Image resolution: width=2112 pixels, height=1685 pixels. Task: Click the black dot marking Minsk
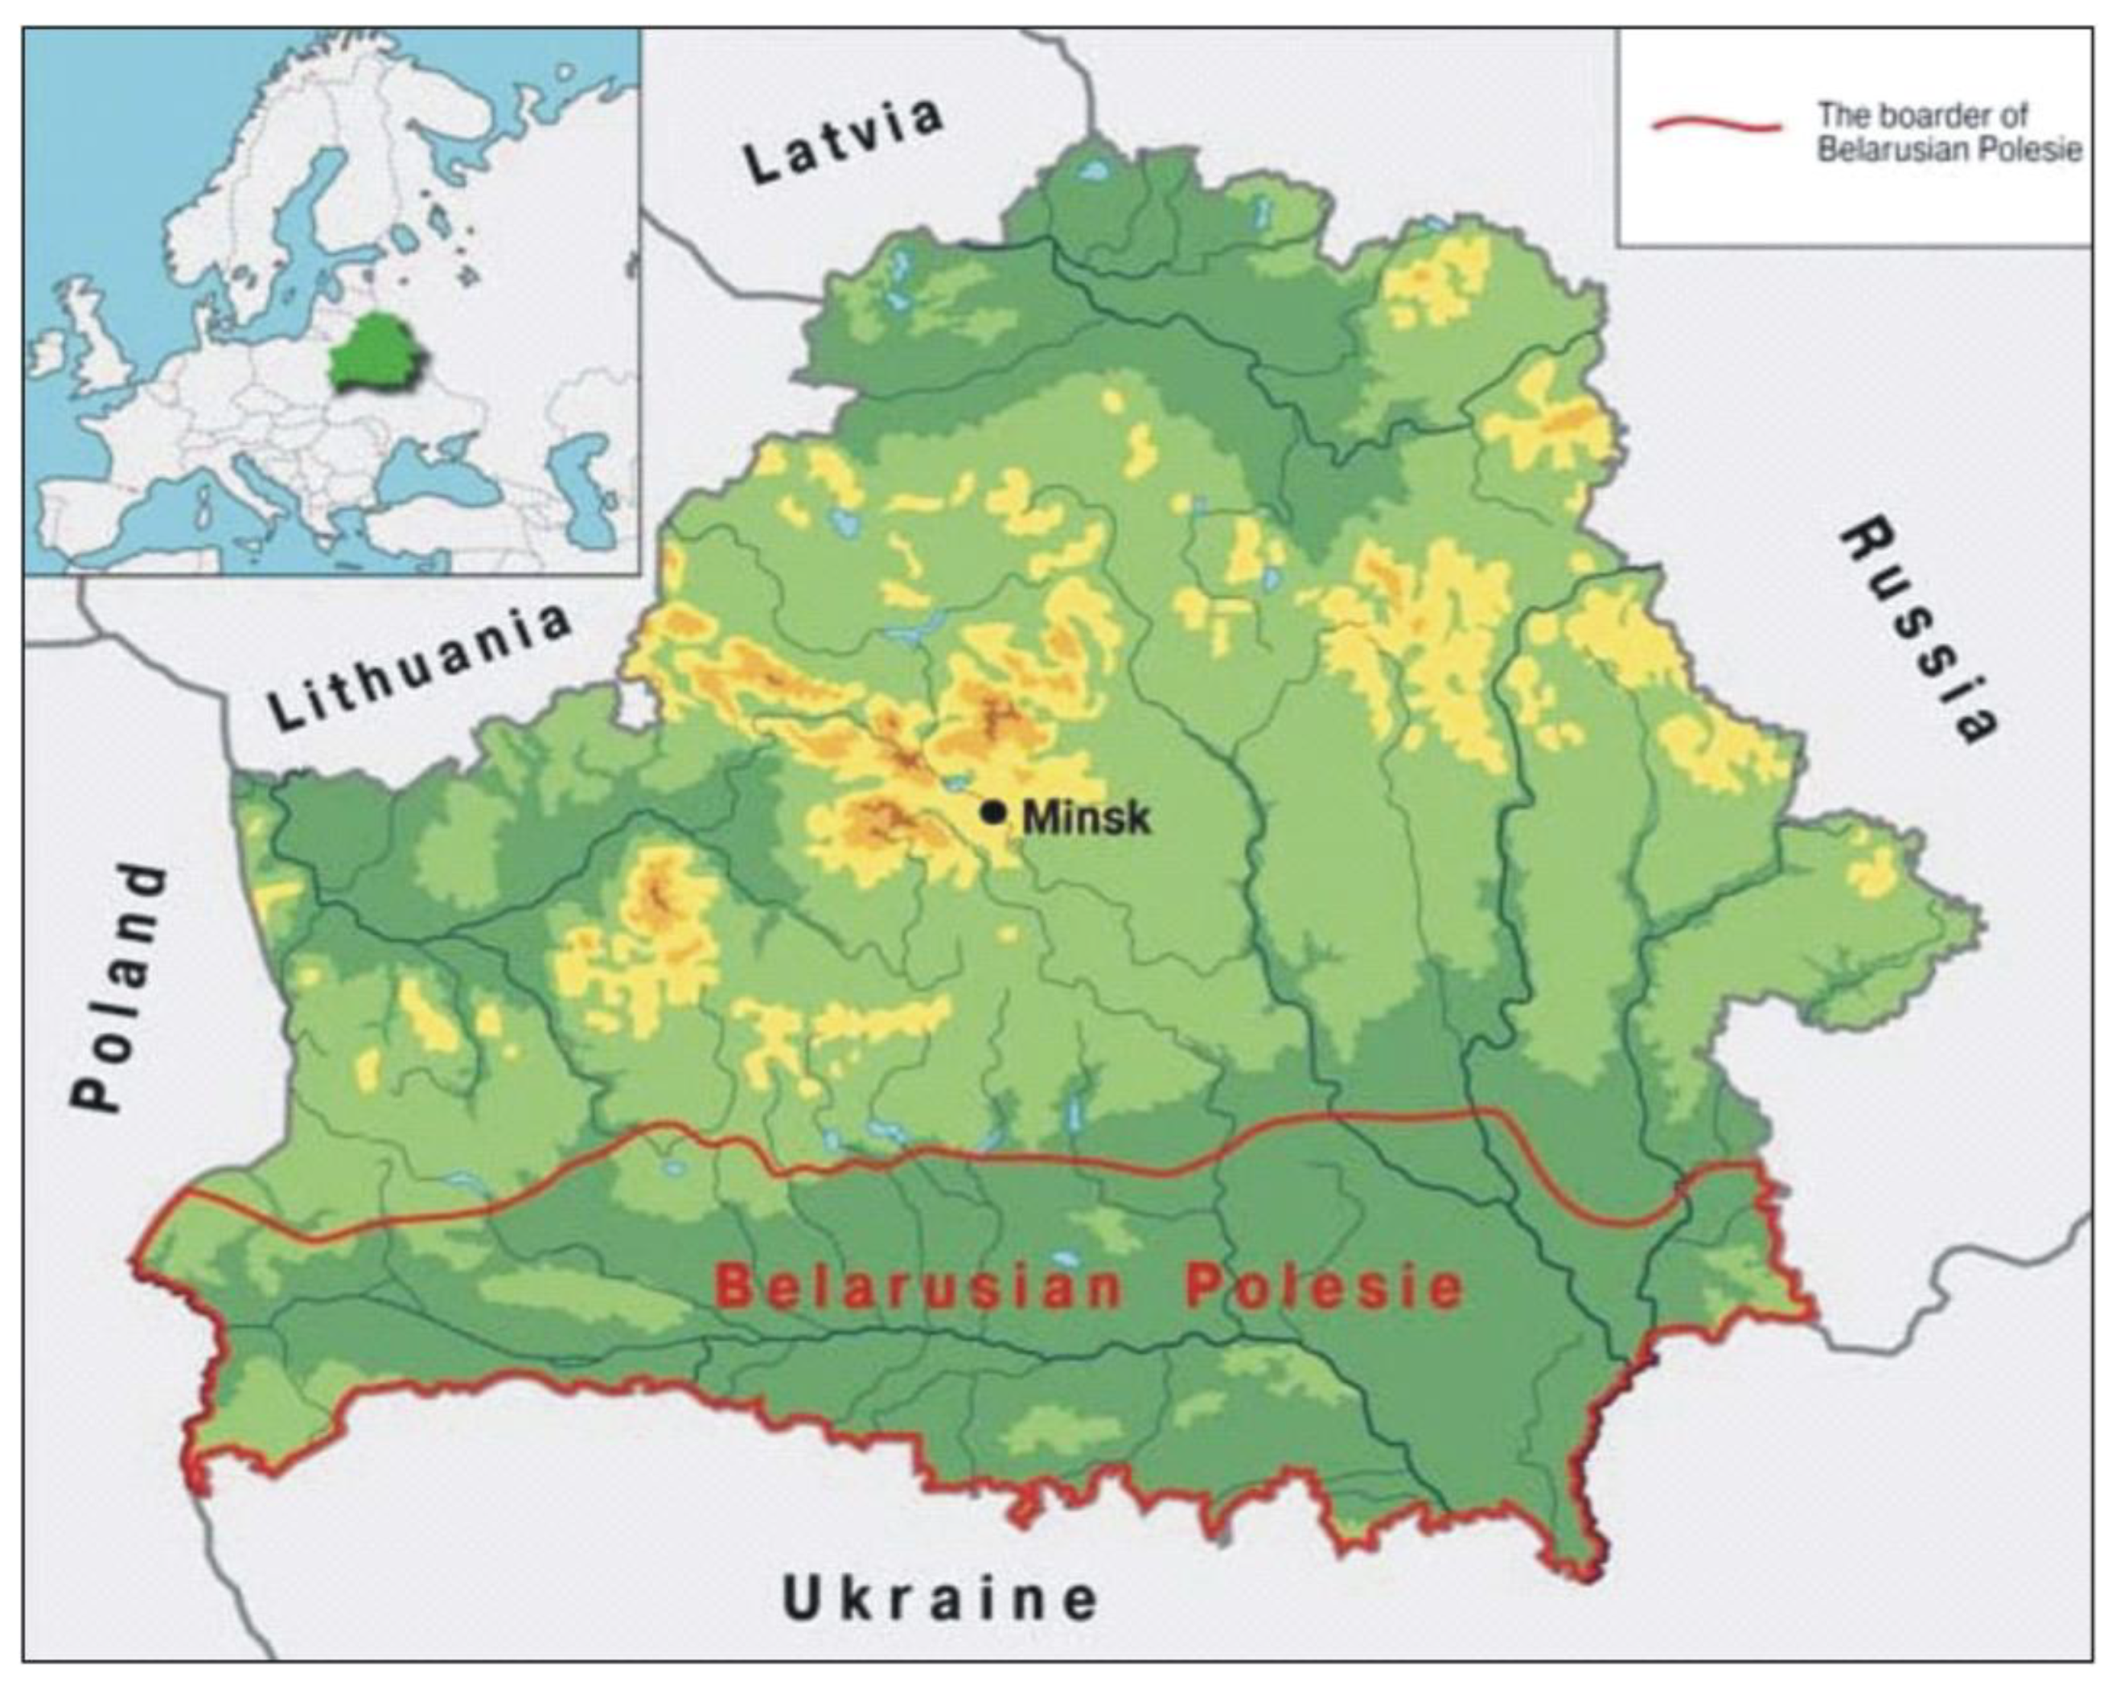tap(994, 812)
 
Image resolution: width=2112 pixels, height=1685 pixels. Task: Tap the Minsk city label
tap(1086, 817)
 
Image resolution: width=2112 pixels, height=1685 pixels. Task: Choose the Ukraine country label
tap(939, 1600)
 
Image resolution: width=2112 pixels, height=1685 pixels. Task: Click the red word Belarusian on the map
tap(918, 1288)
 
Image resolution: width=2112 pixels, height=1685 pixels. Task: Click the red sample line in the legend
tap(1716, 125)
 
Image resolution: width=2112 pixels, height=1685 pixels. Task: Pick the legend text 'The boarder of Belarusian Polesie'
tap(1947, 132)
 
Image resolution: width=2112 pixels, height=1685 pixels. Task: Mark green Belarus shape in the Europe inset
tap(378, 351)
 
